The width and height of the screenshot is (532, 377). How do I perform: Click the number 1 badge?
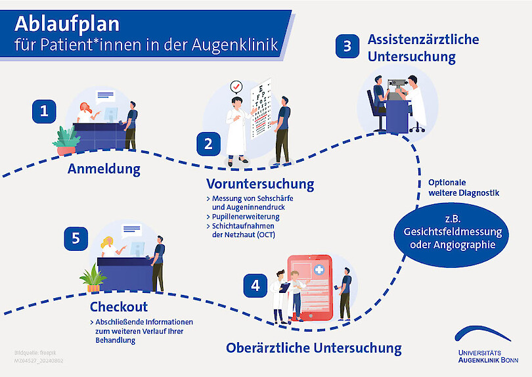tap(44, 111)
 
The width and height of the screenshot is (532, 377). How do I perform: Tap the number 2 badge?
tap(209, 144)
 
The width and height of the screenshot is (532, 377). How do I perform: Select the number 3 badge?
tap(347, 47)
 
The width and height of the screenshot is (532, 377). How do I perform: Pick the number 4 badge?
tap(255, 285)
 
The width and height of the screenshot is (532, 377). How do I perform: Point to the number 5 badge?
tap(76, 238)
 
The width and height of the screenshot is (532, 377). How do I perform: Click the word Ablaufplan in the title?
tap(67, 24)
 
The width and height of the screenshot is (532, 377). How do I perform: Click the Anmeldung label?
tap(104, 169)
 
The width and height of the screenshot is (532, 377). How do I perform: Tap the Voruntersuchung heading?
tap(260, 183)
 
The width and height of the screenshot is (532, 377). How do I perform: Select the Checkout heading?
tap(119, 307)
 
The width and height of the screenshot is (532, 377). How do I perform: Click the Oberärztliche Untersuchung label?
tap(313, 347)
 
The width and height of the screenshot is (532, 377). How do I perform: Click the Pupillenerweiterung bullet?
tap(246, 216)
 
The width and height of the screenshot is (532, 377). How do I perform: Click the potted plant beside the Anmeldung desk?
tap(66, 141)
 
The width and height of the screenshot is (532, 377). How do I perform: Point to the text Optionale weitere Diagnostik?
tap(464, 187)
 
